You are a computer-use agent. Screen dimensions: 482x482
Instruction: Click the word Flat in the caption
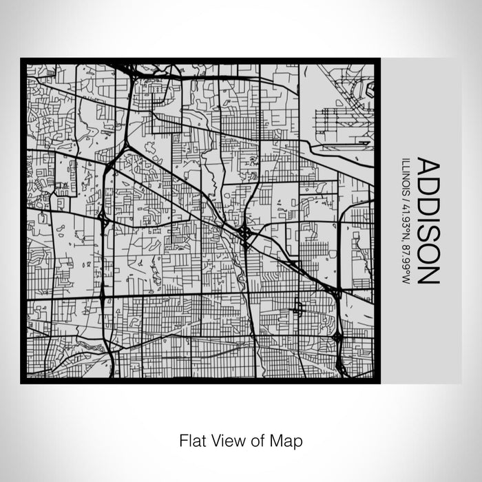coord(191,439)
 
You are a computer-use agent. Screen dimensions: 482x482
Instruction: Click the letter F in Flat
coord(182,439)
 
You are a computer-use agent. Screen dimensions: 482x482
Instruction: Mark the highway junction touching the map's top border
coord(131,69)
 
